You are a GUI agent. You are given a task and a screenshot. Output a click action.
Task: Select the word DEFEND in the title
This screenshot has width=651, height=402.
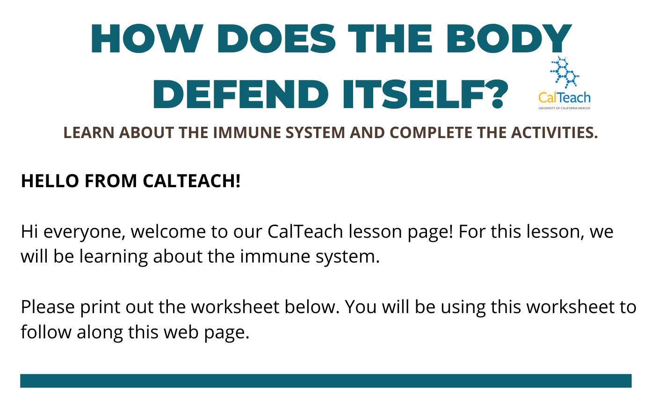pos(241,94)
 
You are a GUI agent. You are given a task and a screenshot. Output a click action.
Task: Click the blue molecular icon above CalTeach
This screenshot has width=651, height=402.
pos(564,72)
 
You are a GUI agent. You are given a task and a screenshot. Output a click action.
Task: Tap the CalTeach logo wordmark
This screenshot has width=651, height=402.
pos(564,98)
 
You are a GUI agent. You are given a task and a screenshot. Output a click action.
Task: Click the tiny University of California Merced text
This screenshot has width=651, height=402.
pos(564,108)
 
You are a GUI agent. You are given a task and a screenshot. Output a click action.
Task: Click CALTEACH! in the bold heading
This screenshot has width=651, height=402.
pos(192,181)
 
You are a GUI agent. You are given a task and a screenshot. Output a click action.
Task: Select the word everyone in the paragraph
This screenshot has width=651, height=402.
pos(85,232)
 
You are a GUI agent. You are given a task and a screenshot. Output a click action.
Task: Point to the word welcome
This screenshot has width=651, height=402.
pos(168,232)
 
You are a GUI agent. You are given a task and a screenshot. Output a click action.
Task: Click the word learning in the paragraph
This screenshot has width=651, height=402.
pos(114,257)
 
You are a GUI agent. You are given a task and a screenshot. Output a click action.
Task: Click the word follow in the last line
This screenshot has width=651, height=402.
pos(46,332)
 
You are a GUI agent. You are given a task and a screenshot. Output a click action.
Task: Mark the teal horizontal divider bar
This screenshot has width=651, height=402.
pos(326,381)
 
